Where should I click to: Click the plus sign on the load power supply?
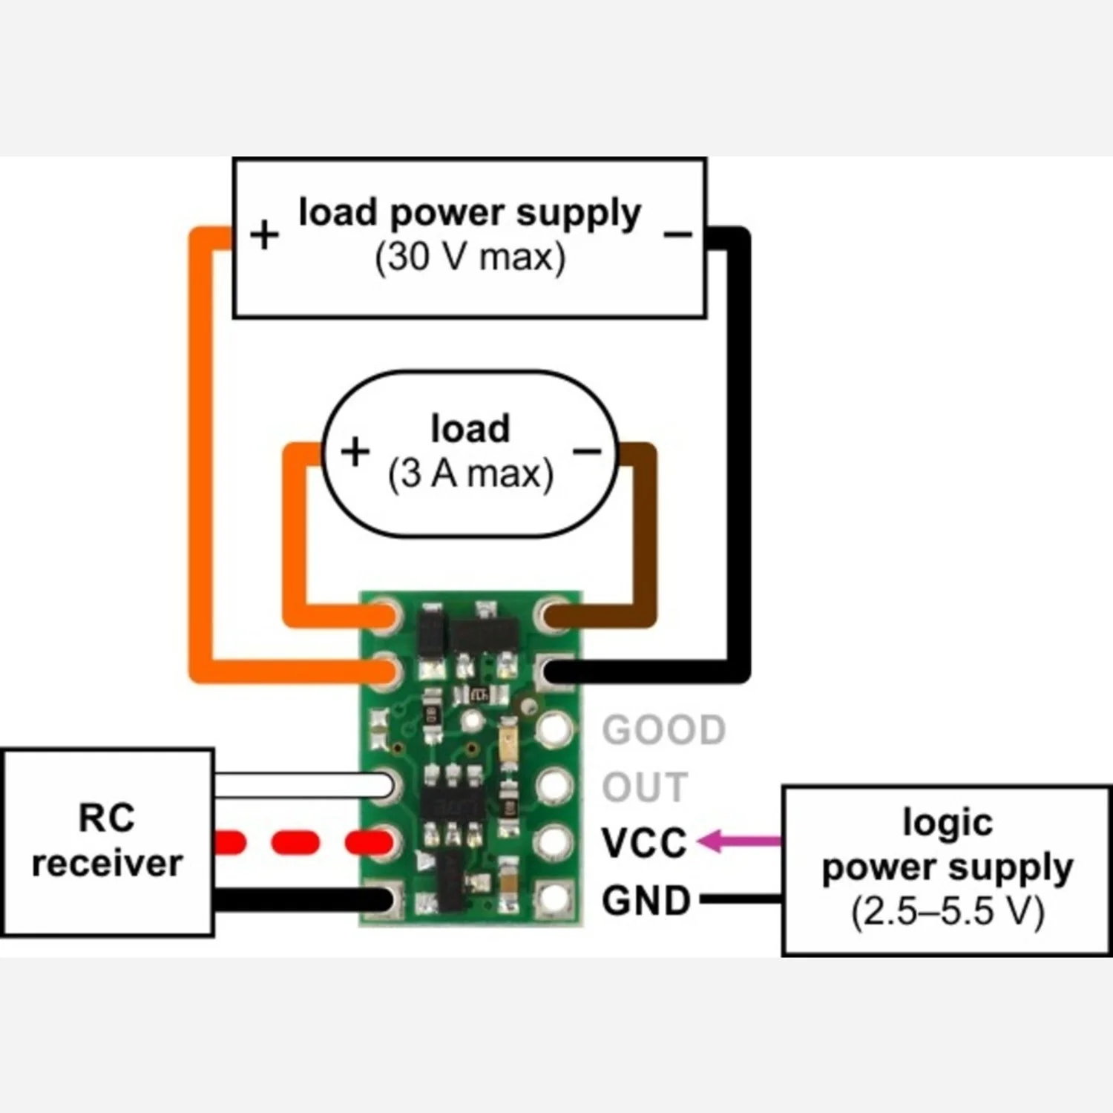coord(264,236)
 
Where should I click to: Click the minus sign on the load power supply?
coord(677,234)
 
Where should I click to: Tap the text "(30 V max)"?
coord(470,257)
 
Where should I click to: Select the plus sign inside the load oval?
coord(355,451)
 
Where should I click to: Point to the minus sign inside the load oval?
coord(587,451)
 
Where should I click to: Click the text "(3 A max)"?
coord(470,473)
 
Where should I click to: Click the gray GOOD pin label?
coord(664,730)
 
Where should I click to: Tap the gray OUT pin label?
coord(645,787)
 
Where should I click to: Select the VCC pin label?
coord(644,844)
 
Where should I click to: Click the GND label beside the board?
coord(646,901)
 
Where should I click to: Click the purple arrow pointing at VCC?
coord(740,841)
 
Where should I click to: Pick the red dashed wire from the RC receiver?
coord(303,842)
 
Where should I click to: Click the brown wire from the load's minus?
coord(623,550)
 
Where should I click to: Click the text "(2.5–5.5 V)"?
coord(948,911)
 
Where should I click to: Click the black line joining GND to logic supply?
coord(741,899)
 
